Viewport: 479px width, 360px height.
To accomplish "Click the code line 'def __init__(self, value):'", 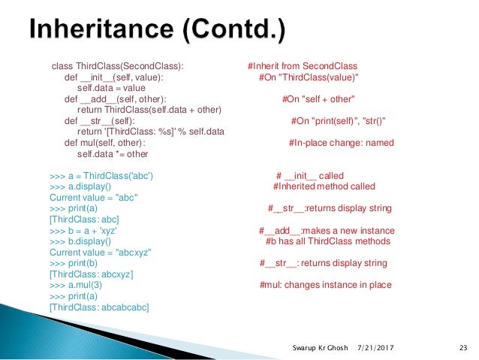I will click(113, 77).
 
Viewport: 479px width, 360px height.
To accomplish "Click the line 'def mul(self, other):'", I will click(105, 144).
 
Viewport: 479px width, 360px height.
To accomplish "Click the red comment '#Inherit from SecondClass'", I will click(302, 66).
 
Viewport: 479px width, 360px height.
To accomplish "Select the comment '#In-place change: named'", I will click(336, 144).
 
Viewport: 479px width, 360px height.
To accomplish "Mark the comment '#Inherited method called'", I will click(324, 187).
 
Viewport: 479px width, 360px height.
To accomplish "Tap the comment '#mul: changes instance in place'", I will click(325, 286).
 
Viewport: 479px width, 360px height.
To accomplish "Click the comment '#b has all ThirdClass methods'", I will click(328, 242).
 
